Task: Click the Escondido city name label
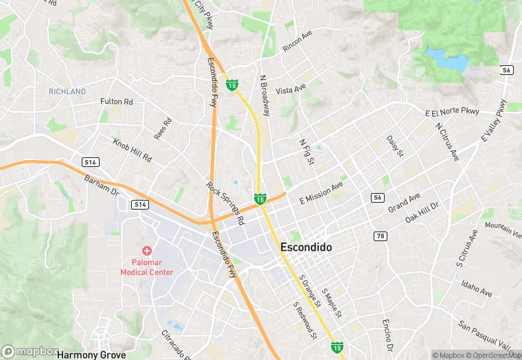[306, 247]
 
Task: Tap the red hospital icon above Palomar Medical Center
[146, 252]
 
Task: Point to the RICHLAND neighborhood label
[67, 91]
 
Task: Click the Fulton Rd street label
[116, 102]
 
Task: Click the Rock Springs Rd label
[225, 204]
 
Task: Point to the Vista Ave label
[290, 90]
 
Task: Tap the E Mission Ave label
[321, 192]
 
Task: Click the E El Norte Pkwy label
[451, 112]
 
